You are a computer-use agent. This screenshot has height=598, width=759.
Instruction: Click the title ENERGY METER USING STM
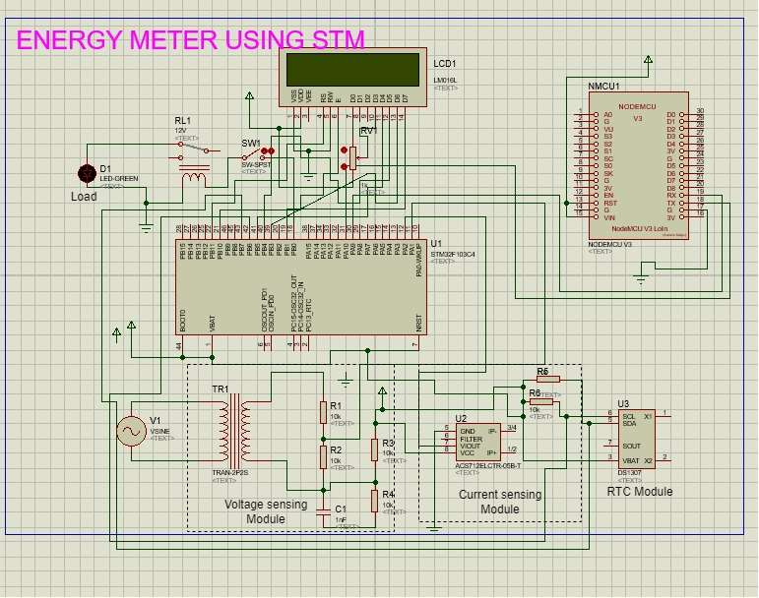(x=191, y=40)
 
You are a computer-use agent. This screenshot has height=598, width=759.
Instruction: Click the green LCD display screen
(x=352, y=69)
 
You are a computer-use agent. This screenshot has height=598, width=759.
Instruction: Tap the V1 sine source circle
(x=132, y=431)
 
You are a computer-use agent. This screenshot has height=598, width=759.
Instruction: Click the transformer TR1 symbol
(x=234, y=429)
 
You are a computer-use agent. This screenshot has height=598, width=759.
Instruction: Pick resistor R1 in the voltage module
(x=322, y=411)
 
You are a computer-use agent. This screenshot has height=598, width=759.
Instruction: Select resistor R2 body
(x=322, y=455)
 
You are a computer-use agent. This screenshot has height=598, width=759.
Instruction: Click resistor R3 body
(x=374, y=449)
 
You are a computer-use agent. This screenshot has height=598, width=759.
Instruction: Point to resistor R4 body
(x=374, y=500)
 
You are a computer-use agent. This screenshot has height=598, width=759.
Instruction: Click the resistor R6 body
(x=547, y=379)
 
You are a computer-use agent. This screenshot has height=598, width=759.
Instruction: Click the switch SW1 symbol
(x=258, y=156)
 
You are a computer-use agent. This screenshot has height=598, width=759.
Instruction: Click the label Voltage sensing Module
(x=266, y=511)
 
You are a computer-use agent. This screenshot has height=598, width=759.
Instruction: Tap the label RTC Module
(x=640, y=491)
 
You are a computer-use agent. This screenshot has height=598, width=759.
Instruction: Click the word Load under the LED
(x=85, y=197)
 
